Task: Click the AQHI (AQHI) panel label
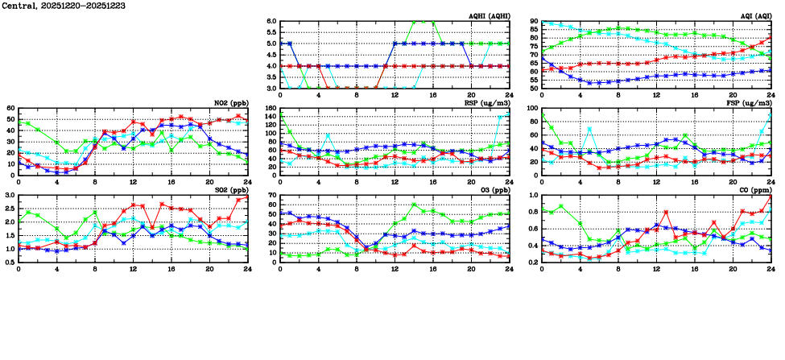tap(489, 15)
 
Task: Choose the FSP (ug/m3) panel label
tap(750, 102)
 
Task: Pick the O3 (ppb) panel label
tap(493, 190)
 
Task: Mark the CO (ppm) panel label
tap(754, 190)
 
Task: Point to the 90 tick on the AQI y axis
tap(534, 22)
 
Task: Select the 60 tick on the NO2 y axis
tap(10, 109)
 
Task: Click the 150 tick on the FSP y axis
tap(531, 109)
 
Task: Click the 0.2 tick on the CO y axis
tap(532, 262)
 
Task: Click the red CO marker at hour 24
tap(771, 196)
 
